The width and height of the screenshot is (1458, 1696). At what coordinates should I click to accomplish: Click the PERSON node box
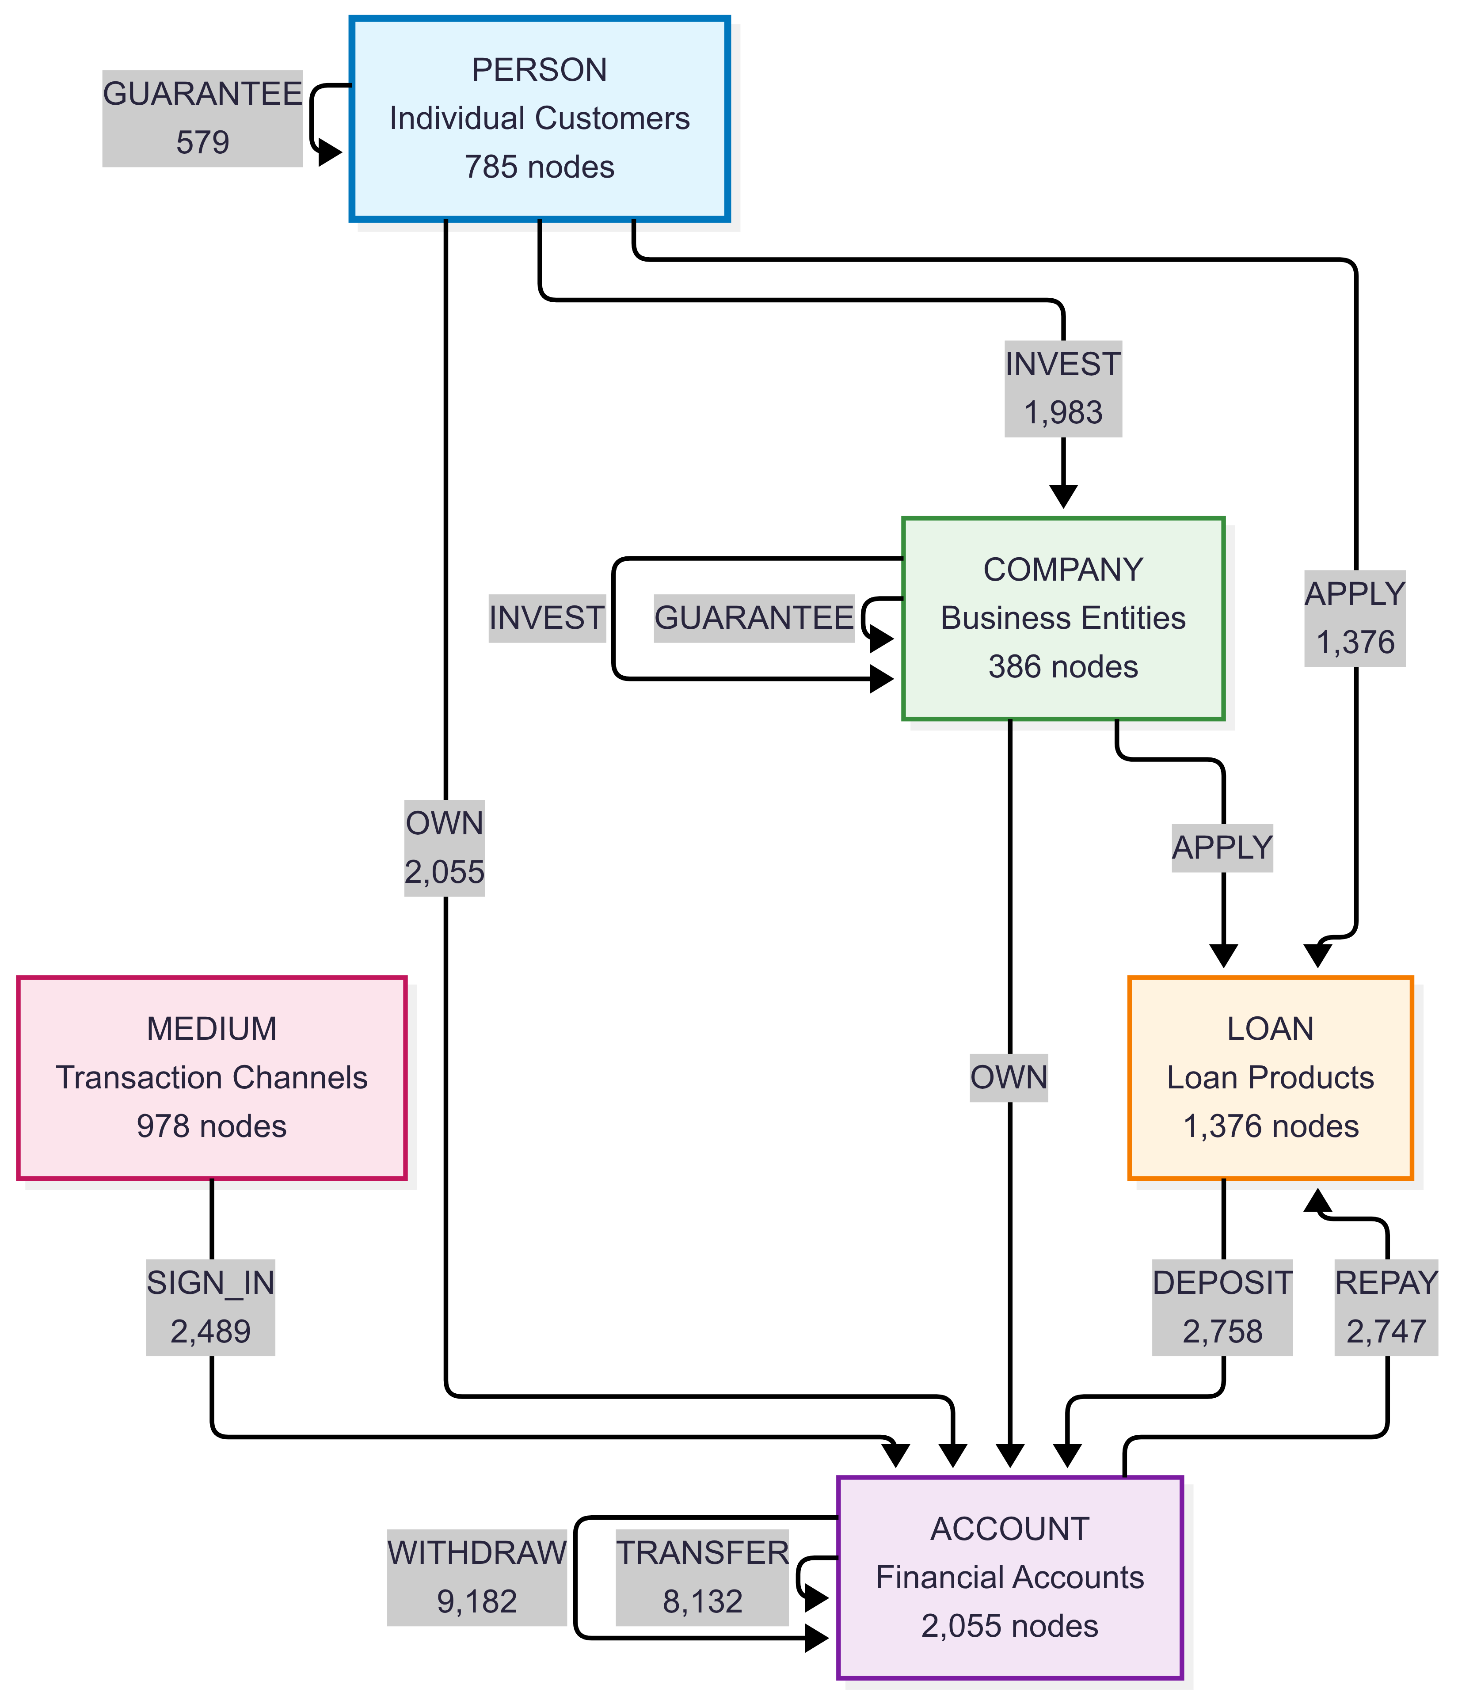(x=540, y=119)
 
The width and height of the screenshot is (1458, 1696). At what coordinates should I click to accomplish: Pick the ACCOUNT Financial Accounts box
(x=1009, y=1577)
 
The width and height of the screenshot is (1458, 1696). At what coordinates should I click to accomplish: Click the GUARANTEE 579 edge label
(x=202, y=119)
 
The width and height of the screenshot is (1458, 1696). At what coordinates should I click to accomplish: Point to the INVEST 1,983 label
(x=1062, y=389)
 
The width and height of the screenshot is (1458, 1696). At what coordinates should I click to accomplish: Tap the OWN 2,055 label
(x=445, y=848)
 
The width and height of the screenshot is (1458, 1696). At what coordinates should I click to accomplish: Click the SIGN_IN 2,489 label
(x=210, y=1307)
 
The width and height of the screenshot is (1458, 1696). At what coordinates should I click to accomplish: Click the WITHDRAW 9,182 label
(x=476, y=1577)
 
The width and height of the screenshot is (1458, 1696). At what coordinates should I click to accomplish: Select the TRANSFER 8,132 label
(x=701, y=1577)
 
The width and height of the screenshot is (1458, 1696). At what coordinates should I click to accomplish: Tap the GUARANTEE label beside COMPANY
(x=753, y=618)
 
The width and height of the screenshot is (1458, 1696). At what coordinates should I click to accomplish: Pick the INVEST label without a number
(x=546, y=618)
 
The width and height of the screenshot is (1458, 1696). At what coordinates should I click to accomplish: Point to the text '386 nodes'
(x=1062, y=667)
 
